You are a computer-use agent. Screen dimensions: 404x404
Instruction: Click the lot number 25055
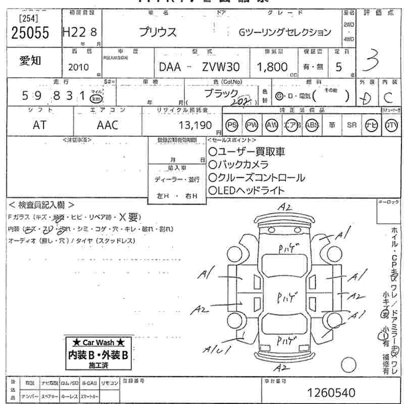pos(30,33)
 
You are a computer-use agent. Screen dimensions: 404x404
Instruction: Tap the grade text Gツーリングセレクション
pos(285,33)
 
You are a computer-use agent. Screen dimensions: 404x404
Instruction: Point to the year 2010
pos(78,67)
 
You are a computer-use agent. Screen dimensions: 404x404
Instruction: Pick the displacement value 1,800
pos(272,67)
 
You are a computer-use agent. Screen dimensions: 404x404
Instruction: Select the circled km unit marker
pos(95,99)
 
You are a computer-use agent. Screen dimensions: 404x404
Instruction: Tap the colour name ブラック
pos(221,94)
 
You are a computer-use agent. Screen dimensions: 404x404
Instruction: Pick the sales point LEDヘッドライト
pos(246,191)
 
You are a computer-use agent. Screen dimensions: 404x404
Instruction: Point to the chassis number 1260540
pos(331,392)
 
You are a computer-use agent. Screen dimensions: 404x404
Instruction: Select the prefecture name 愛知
pos(31,61)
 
